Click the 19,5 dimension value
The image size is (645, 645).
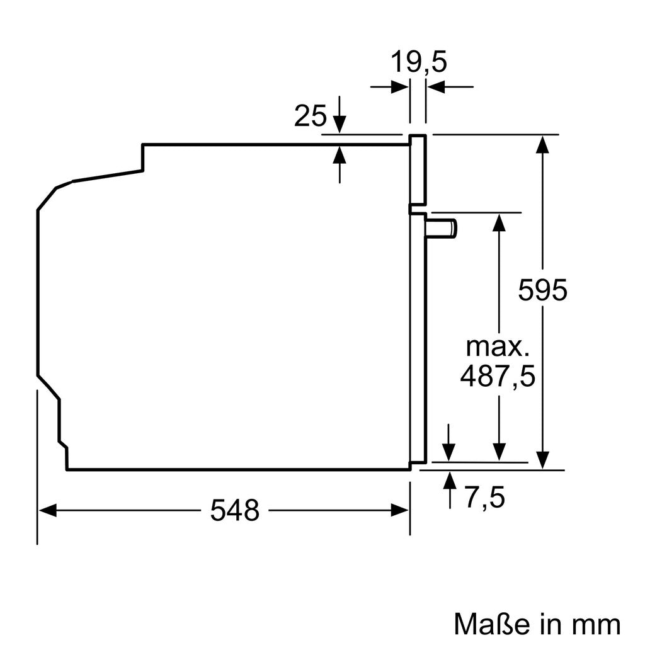point(418,62)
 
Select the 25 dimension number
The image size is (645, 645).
point(311,117)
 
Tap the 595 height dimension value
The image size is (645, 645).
point(543,290)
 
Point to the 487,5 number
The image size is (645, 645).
point(498,377)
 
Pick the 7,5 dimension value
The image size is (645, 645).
point(485,498)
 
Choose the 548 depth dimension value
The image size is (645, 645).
point(234,510)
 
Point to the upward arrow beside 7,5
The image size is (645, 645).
point(450,480)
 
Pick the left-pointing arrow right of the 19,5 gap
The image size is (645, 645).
point(437,88)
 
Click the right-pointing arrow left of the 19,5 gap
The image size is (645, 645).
point(399,88)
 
